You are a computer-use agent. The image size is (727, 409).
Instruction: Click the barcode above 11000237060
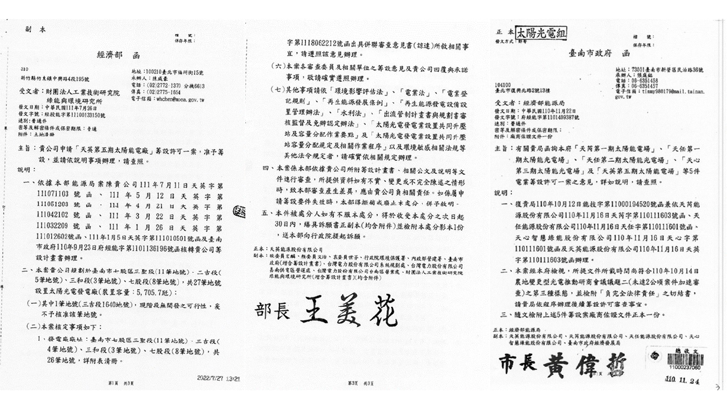684,360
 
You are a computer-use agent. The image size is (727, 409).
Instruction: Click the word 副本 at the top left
32,28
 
